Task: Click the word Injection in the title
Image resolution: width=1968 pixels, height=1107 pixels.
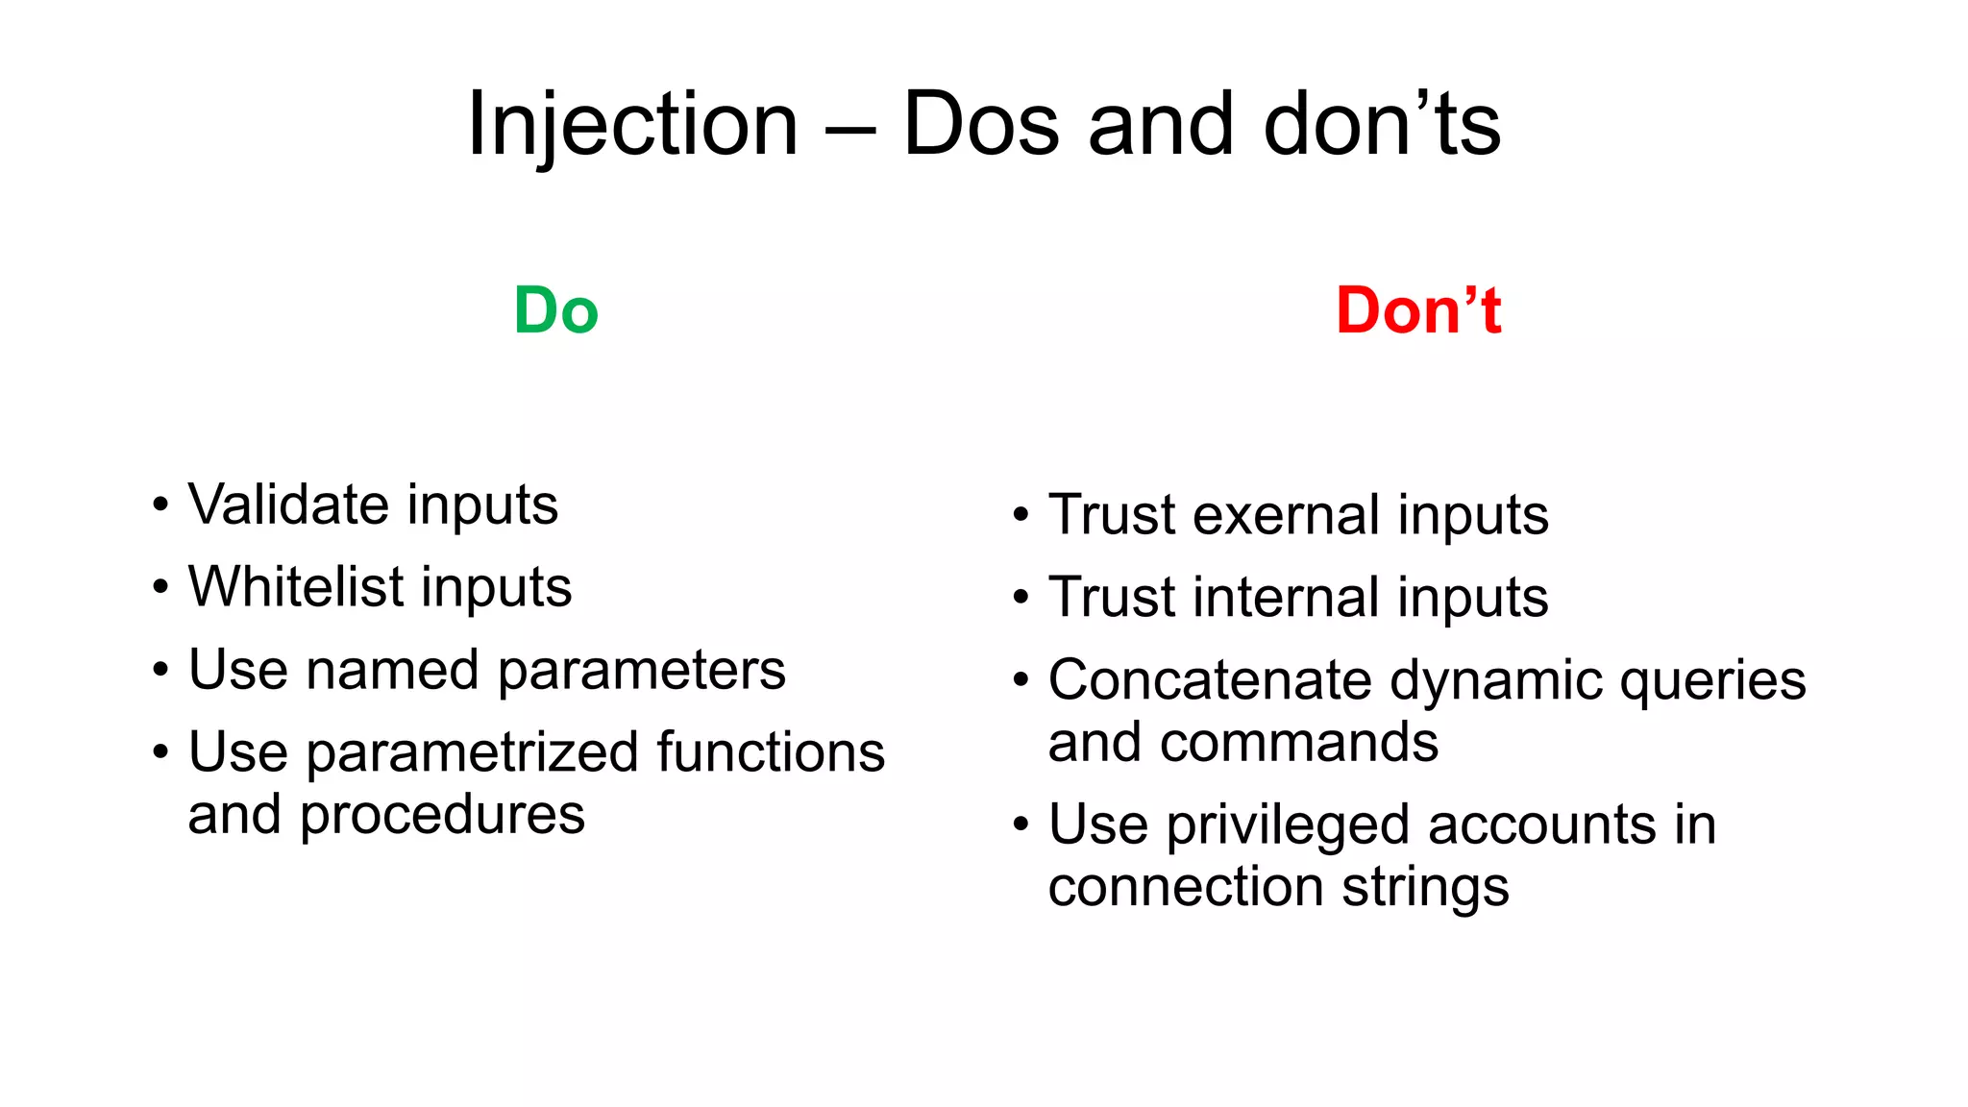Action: (x=632, y=125)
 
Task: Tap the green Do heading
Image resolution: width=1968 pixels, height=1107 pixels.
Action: (x=555, y=311)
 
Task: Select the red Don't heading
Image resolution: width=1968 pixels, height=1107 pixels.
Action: (x=1418, y=311)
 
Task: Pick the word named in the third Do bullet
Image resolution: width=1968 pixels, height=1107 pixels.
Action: (x=391, y=670)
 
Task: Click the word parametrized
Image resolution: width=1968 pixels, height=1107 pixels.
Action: (x=472, y=752)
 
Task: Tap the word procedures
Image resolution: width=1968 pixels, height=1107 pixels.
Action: (x=442, y=816)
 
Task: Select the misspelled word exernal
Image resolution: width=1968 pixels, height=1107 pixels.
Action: (x=1287, y=515)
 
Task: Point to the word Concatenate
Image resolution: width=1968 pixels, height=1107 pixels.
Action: (x=1210, y=680)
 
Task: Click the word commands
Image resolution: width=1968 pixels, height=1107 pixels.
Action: (x=1298, y=743)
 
